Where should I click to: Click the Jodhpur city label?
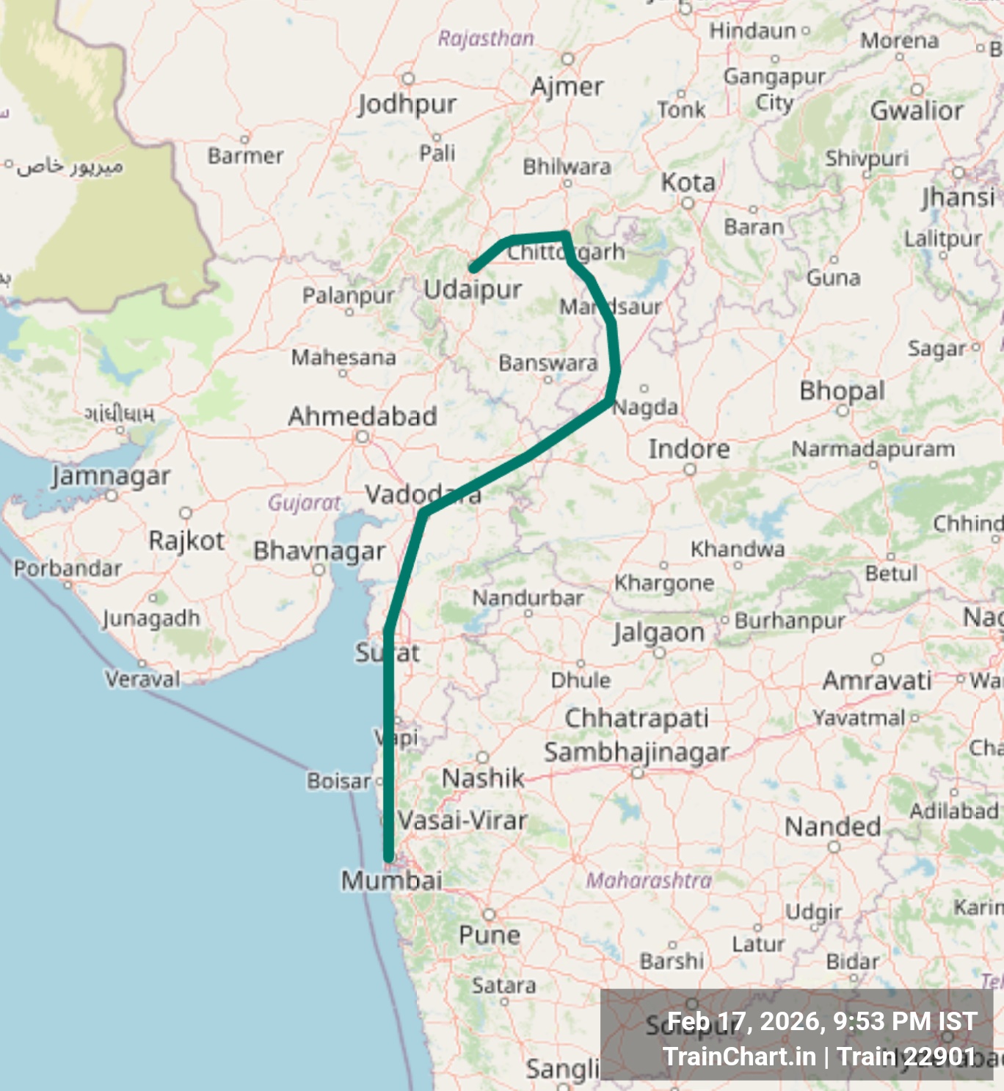(407, 104)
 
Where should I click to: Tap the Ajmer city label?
(567, 87)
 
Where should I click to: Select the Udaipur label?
(473, 289)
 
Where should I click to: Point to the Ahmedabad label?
(363, 416)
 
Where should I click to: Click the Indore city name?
(688, 449)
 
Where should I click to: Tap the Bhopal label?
(842, 390)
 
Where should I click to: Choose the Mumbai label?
(392, 880)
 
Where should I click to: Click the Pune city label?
(490, 935)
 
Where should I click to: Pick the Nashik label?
(483, 778)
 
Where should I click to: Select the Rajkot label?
(186, 541)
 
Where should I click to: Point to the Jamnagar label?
(111, 476)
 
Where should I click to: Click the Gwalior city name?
(917, 111)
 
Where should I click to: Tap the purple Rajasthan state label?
(486, 38)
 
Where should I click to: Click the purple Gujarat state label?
(304, 503)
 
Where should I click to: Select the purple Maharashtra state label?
(649, 880)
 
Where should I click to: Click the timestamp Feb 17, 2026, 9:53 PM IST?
(822, 1021)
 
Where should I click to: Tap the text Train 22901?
(906, 1057)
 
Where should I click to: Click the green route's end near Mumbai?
(388, 857)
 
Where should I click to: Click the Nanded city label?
(833, 827)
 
